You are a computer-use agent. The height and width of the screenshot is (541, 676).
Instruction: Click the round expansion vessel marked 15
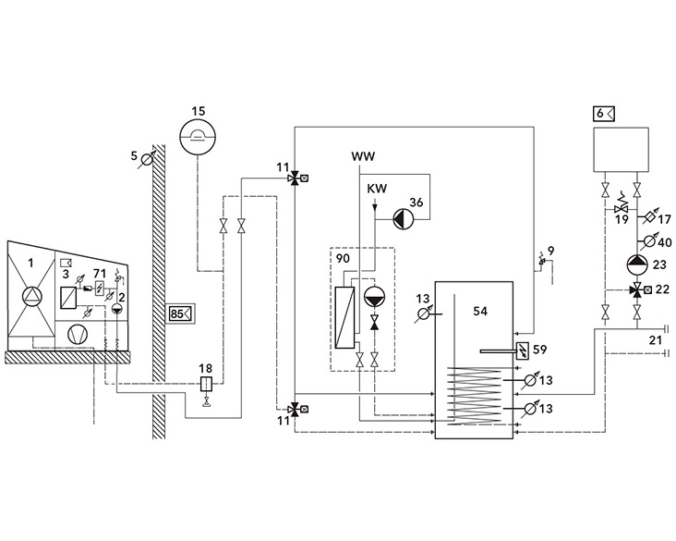(x=199, y=139)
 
